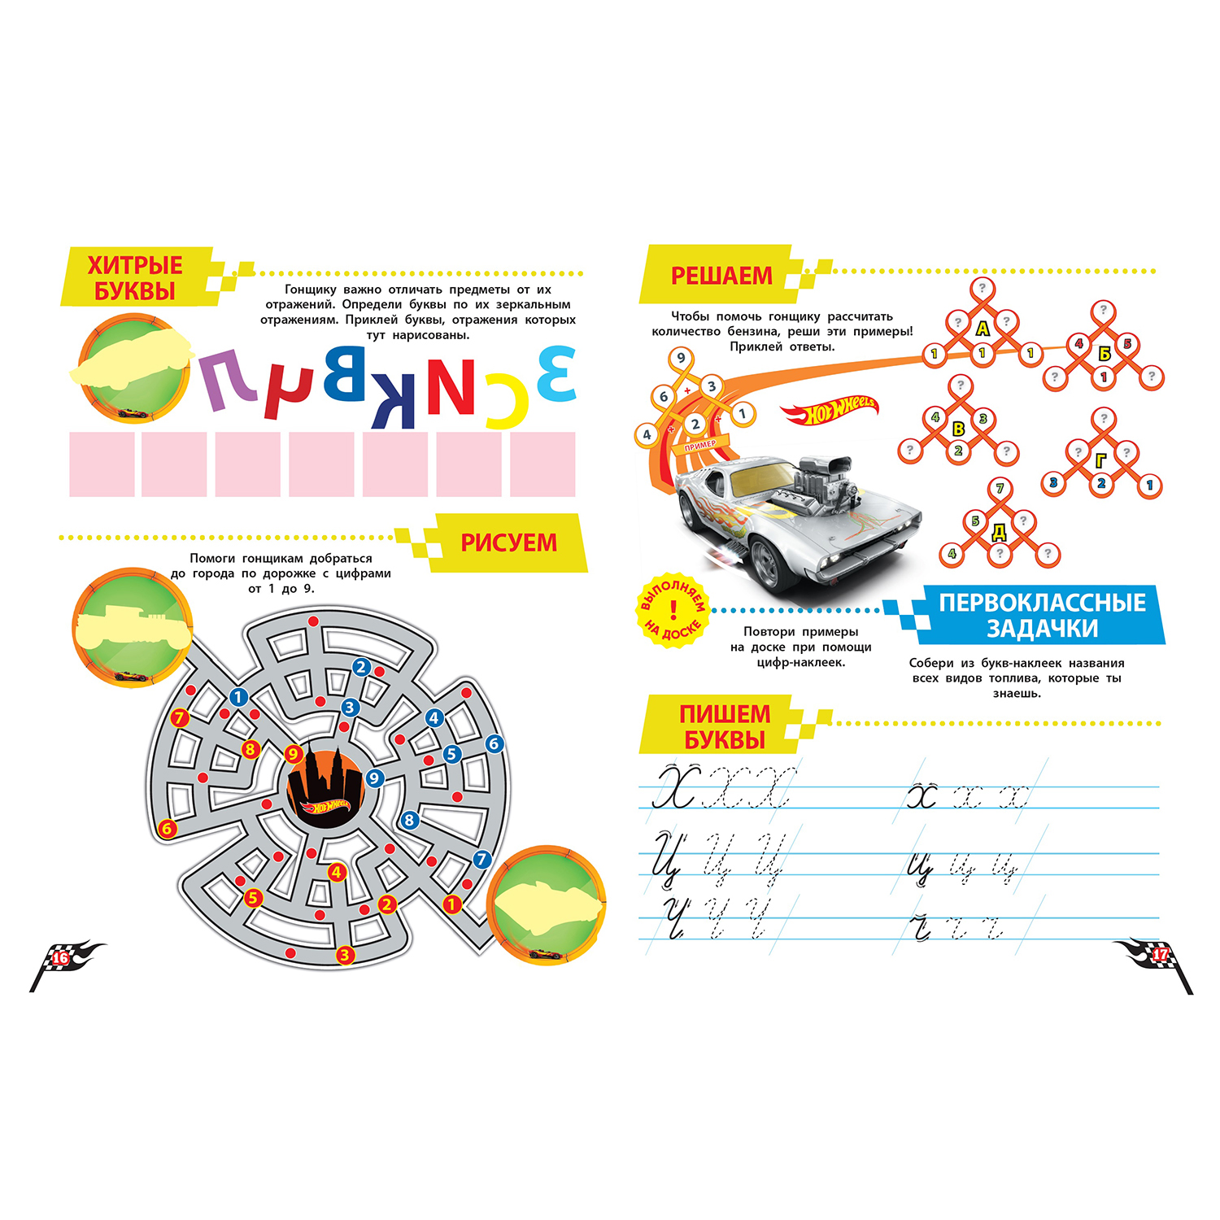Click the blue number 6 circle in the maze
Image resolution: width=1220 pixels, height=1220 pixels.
pyautogui.click(x=494, y=743)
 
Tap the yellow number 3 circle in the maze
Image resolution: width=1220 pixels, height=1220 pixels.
pyautogui.click(x=344, y=955)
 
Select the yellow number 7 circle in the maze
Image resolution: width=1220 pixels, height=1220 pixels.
pyautogui.click(x=180, y=718)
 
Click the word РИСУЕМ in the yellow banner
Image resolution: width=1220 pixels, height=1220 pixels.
pyautogui.click(x=509, y=542)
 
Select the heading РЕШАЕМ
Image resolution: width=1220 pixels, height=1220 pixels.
pyautogui.click(x=721, y=276)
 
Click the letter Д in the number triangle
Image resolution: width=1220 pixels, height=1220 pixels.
pyautogui.click(x=999, y=533)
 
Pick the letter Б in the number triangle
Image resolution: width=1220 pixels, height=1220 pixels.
pyautogui.click(x=1104, y=353)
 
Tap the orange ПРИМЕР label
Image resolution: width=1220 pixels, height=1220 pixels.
pyautogui.click(x=700, y=444)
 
